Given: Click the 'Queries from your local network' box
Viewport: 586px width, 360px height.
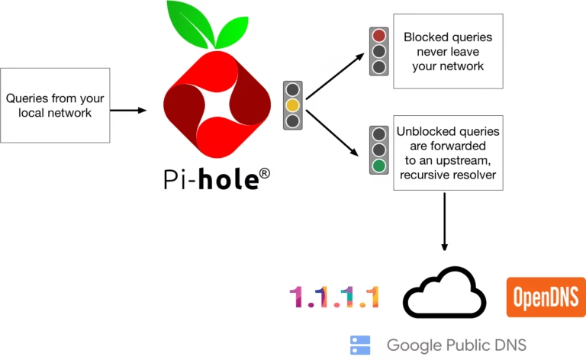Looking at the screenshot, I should [55, 105].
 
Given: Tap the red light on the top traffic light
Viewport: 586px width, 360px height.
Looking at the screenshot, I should [378, 36].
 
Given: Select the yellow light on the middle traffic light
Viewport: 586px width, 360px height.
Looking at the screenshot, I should [292, 104].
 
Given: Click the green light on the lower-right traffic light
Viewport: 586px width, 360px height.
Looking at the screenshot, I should [378, 165].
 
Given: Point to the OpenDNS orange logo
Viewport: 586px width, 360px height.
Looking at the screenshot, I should [546, 297].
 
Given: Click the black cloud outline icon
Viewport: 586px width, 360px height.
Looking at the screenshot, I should [444, 292].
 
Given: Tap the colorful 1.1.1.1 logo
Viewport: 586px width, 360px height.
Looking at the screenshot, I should [334, 297].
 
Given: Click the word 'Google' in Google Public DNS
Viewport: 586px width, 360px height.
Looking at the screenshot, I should [411, 346].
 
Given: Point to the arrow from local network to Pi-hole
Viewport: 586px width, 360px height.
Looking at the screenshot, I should [127, 111].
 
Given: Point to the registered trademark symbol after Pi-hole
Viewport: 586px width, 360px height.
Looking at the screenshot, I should [264, 175].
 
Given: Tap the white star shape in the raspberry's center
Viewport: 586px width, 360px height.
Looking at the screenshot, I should [217, 102].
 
